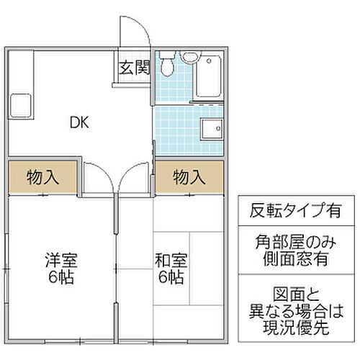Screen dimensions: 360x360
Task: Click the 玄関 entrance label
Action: (x=134, y=68)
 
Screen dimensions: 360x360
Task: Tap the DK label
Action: (x=78, y=122)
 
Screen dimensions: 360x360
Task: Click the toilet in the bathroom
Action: (x=168, y=67)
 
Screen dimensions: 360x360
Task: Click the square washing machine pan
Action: (x=212, y=130)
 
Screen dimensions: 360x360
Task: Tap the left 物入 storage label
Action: (x=42, y=176)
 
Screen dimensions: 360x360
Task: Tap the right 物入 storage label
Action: (x=189, y=176)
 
